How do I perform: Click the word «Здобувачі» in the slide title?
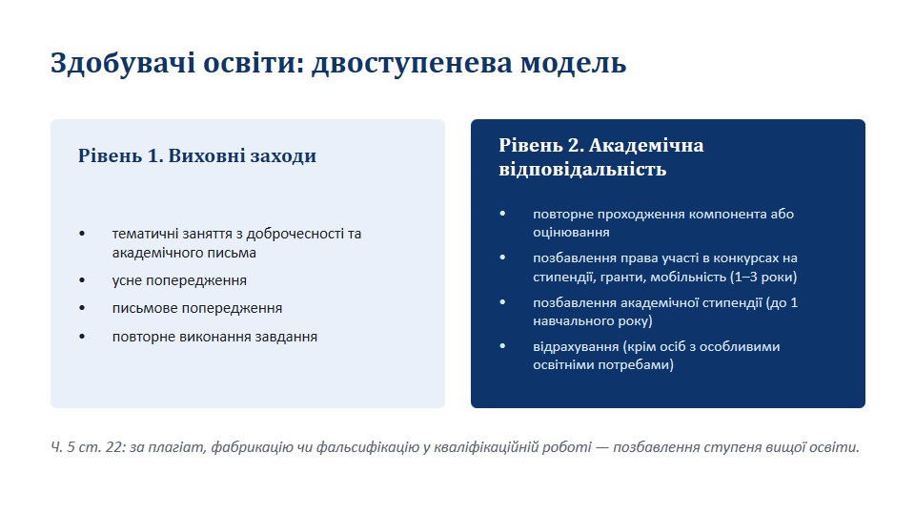[x=123, y=63]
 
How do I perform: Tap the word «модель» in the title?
[x=573, y=64]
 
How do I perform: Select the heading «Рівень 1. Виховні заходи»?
[x=197, y=155]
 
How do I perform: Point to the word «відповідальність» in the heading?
[x=582, y=170]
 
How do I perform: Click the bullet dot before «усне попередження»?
[x=82, y=280]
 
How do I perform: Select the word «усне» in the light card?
[x=127, y=280]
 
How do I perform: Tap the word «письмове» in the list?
[x=144, y=308]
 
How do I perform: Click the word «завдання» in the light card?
[x=289, y=337]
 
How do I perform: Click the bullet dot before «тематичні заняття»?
[x=82, y=234]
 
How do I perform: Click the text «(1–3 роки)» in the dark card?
[x=763, y=277]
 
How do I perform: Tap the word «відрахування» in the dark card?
[x=576, y=347]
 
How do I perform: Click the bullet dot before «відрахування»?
[x=502, y=346]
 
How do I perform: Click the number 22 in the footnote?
[x=115, y=448]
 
